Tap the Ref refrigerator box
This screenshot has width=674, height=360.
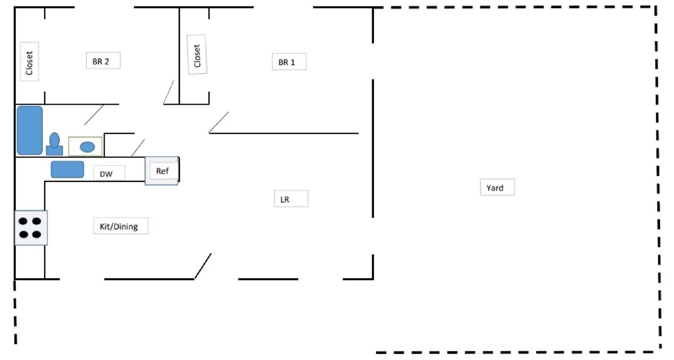click(x=162, y=171)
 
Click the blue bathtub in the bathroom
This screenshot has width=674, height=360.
click(x=29, y=130)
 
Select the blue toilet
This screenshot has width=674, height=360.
click(x=54, y=144)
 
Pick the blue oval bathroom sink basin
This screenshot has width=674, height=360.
click(x=87, y=147)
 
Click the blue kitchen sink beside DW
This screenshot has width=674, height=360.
click(x=67, y=169)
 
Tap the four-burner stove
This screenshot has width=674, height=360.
click(x=31, y=228)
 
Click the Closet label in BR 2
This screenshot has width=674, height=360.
click(x=29, y=62)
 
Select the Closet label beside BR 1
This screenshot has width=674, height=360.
click(x=197, y=54)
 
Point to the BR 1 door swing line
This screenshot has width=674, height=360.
click(x=219, y=122)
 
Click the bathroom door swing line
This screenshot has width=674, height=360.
click(x=94, y=115)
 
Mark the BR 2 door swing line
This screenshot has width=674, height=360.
click(x=168, y=92)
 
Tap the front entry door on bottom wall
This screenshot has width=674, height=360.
click(x=203, y=266)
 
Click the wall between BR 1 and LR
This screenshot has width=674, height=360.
click(x=284, y=133)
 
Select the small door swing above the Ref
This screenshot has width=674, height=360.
click(x=138, y=148)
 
